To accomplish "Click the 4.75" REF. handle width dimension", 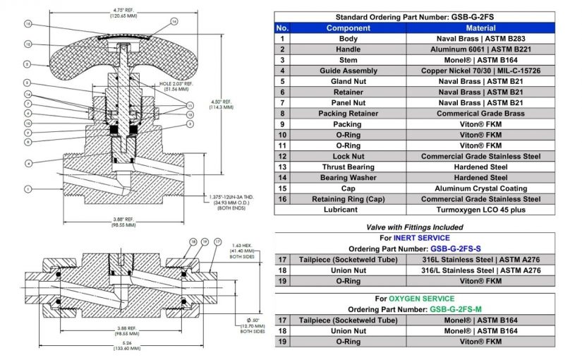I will (104, 12).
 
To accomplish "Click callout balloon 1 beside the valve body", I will (27, 188).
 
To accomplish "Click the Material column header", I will (480, 28).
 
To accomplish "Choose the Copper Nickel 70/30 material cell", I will (480, 71).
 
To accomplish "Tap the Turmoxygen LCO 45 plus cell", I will (480, 210).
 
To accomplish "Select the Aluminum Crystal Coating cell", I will (480, 188).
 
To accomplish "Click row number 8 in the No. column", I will (282, 114).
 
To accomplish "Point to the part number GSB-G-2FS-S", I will (455, 249).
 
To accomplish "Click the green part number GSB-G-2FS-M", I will (456, 310).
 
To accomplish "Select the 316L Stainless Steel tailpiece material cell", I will (480, 260).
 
